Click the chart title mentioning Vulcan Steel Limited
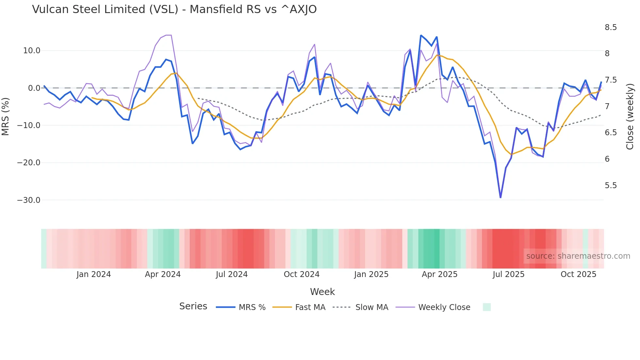pos(174,9)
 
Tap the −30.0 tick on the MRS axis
pos(29,200)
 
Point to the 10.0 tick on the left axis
pos(31,51)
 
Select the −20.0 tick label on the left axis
pos(29,163)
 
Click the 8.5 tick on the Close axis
pos(611,27)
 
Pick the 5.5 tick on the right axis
pos(611,186)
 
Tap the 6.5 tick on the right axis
pos(611,133)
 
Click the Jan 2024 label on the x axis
pos(94,274)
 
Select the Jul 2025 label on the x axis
pos(508,274)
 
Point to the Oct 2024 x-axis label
pos(301,274)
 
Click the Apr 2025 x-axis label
pos(440,274)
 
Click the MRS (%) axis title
pos(6,116)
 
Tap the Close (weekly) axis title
pos(630,116)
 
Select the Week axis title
pos(322,292)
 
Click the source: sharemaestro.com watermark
pos(578,256)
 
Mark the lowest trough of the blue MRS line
pos(501,197)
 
